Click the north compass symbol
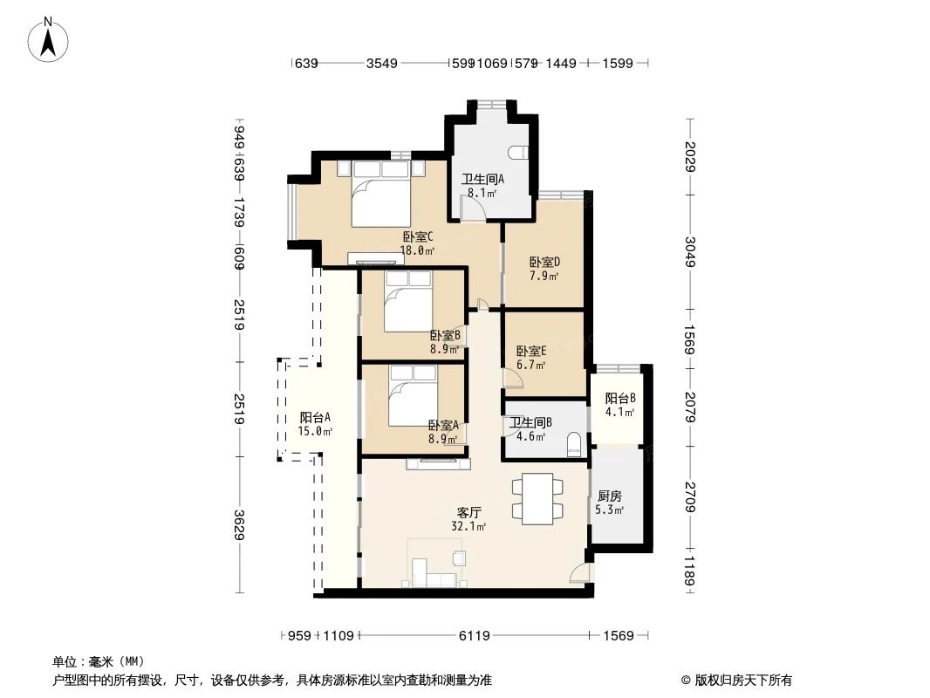(49, 39)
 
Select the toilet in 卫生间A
(522, 152)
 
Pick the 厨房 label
(609, 496)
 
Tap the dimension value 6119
(474, 636)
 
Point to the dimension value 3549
(381, 64)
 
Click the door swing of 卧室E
(513, 380)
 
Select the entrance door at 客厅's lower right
(578, 573)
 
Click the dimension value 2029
(689, 157)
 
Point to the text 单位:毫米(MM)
(99, 661)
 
